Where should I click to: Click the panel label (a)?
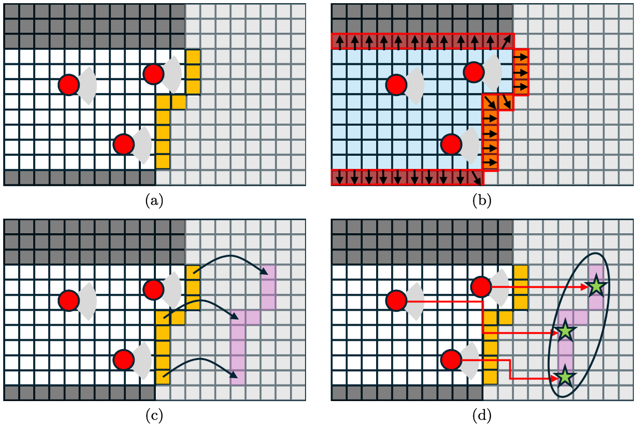click(154, 201)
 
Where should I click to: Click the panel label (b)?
click(482, 201)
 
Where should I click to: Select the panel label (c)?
click(154, 416)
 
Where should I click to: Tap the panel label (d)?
click(482, 416)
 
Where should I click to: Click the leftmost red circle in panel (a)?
click(69, 85)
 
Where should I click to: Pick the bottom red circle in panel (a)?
click(124, 144)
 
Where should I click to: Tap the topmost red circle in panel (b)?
click(473, 72)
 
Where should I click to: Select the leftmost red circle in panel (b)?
click(396, 85)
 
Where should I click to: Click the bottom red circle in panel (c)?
click(124, 360)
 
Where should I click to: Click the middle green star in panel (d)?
click(565, 331)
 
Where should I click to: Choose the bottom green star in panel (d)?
click(565, 377)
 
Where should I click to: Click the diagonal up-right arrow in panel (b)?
click(506, 42)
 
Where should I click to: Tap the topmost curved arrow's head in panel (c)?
click(264, 271)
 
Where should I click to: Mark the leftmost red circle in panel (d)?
click(396, 300)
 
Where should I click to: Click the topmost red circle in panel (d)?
click(481, 287)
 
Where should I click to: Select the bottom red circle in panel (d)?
click(452, 360)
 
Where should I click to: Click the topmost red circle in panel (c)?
click(154, 289)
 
